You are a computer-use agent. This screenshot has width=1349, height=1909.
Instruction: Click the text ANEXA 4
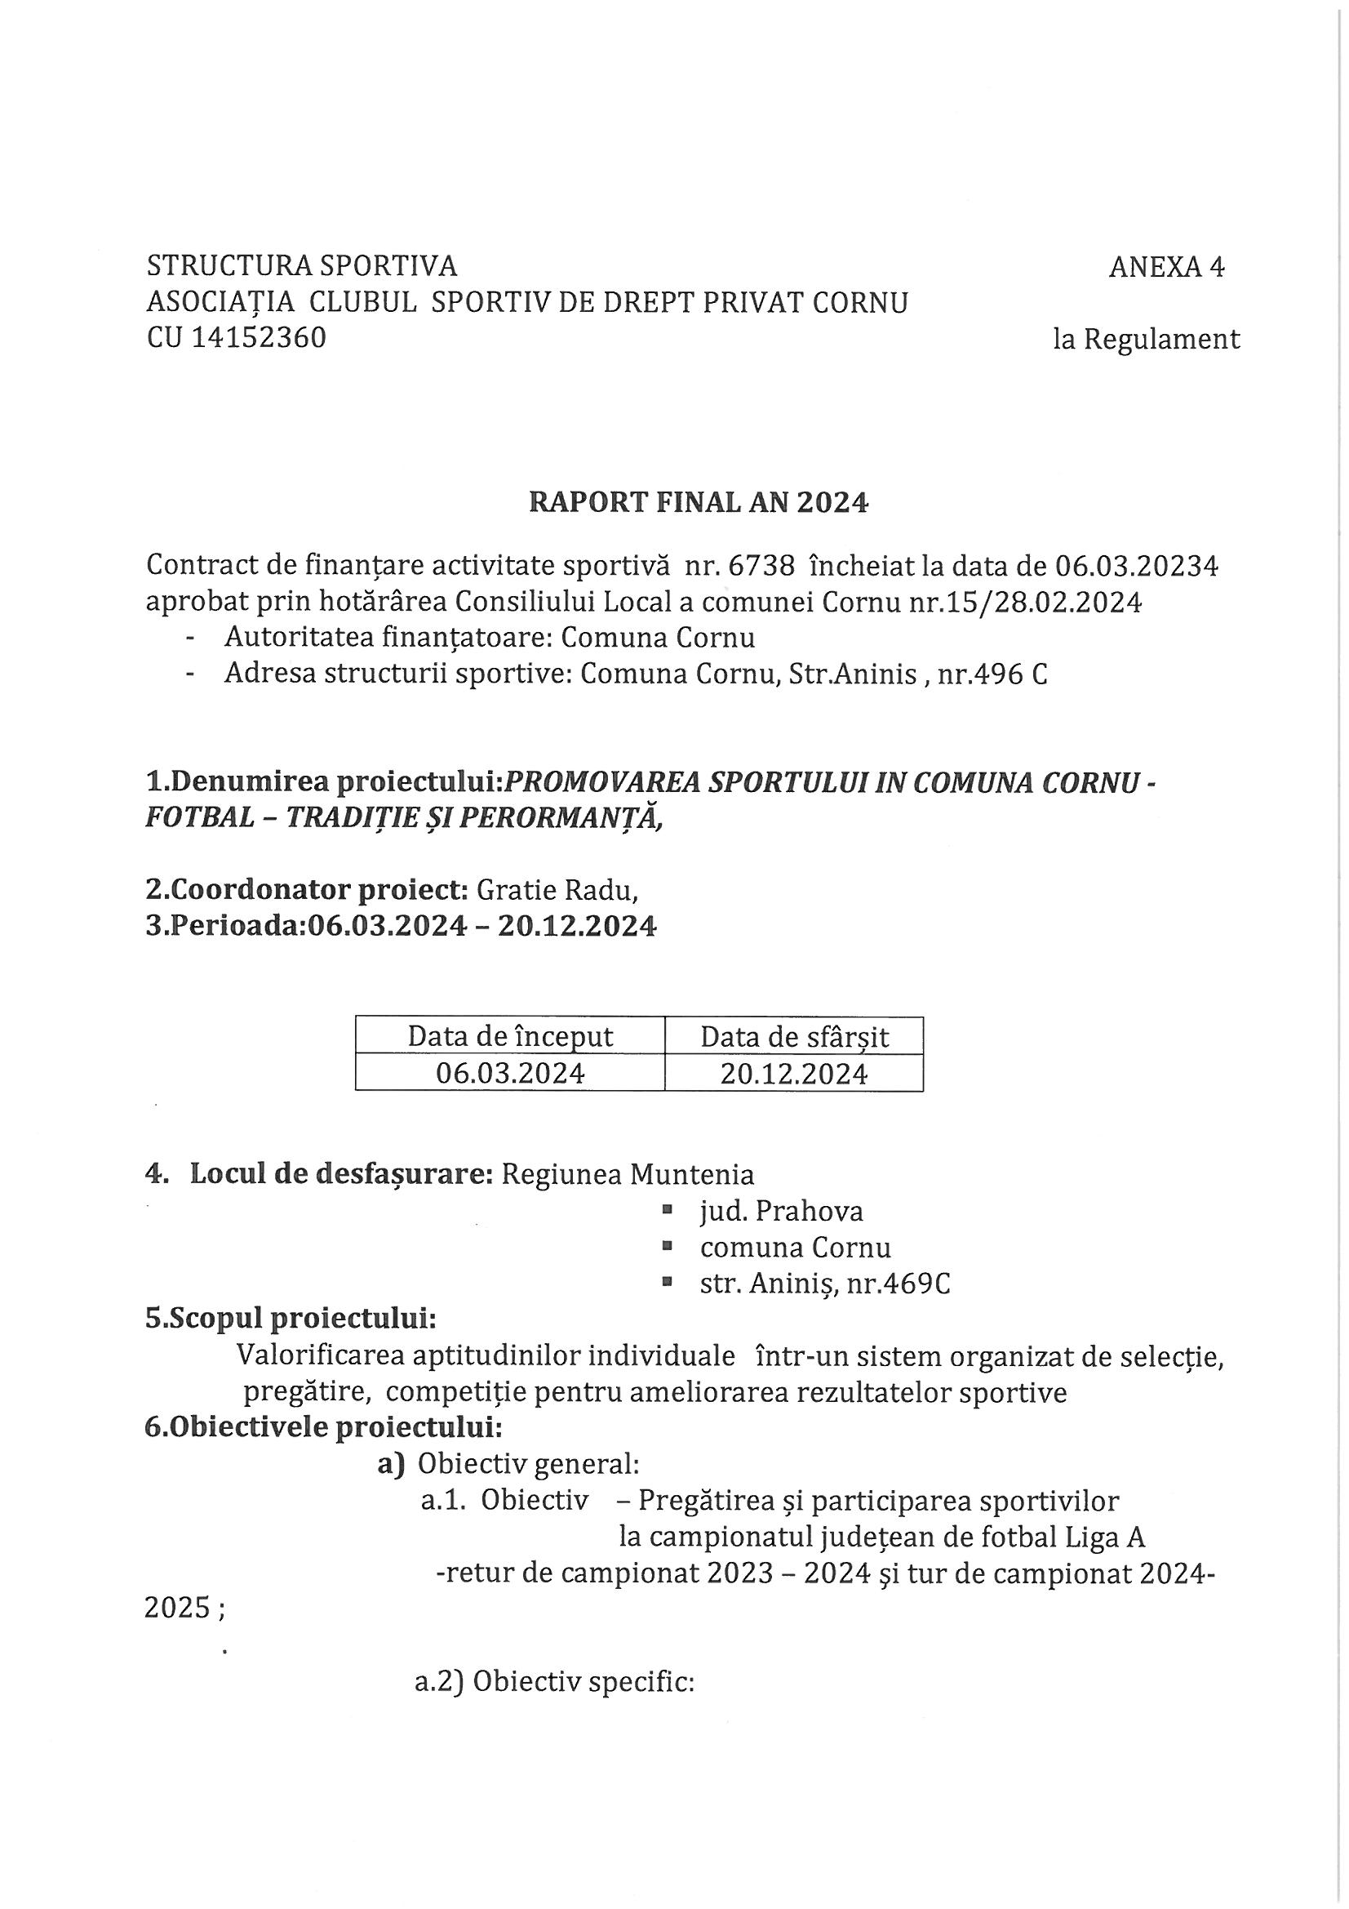[x=1166, y=267]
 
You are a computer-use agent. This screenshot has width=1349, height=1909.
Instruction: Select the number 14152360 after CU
[x=259, y=338]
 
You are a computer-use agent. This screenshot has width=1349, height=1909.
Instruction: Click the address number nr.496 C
[x=992, y=674]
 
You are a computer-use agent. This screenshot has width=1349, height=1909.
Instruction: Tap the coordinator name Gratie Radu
[x=556, y=891]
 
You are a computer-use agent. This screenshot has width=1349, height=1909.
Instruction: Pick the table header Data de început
[x=509, y=1037]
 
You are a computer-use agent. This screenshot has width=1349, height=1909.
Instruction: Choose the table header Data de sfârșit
[x=794, y=1037]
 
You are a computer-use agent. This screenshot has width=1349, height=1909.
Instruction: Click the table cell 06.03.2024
[x=509, y=1074]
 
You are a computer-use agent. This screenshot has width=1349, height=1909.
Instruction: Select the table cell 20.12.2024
[x=794, y=1074]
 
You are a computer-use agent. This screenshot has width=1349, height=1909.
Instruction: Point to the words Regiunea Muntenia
[x=628, y=1174]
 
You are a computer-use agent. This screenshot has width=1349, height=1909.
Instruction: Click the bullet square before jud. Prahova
[x=667, y=1211]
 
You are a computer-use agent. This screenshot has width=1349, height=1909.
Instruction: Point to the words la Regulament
[x=1146, y=339]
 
